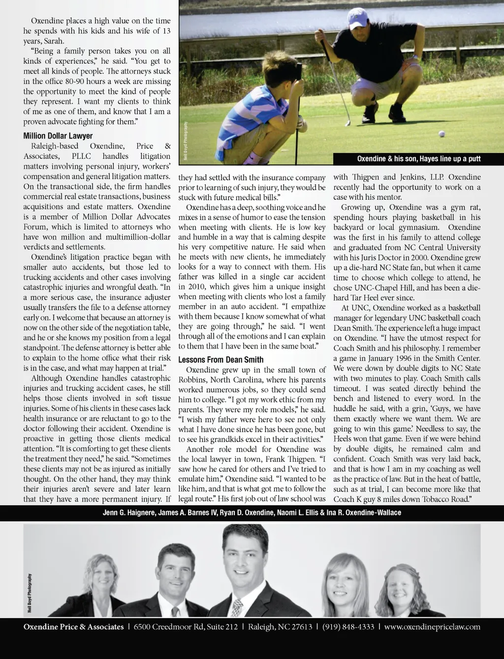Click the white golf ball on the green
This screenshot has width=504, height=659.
(441, 133)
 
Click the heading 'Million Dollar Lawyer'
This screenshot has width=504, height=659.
(58, 136)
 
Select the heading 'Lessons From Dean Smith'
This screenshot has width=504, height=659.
(220, 360)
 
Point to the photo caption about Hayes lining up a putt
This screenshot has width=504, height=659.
(418, 159)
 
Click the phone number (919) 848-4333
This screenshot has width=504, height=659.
(348, 627)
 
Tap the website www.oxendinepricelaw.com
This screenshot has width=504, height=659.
(432, 627)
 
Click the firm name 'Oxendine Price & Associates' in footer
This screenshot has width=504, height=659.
(73, 627)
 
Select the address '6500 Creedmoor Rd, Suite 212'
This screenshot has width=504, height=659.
(186, 627)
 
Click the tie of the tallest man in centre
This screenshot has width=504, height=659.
(238, 607)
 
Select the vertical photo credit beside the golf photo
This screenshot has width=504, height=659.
(186, 140)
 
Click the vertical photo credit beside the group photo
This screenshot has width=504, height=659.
(30, 594)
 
